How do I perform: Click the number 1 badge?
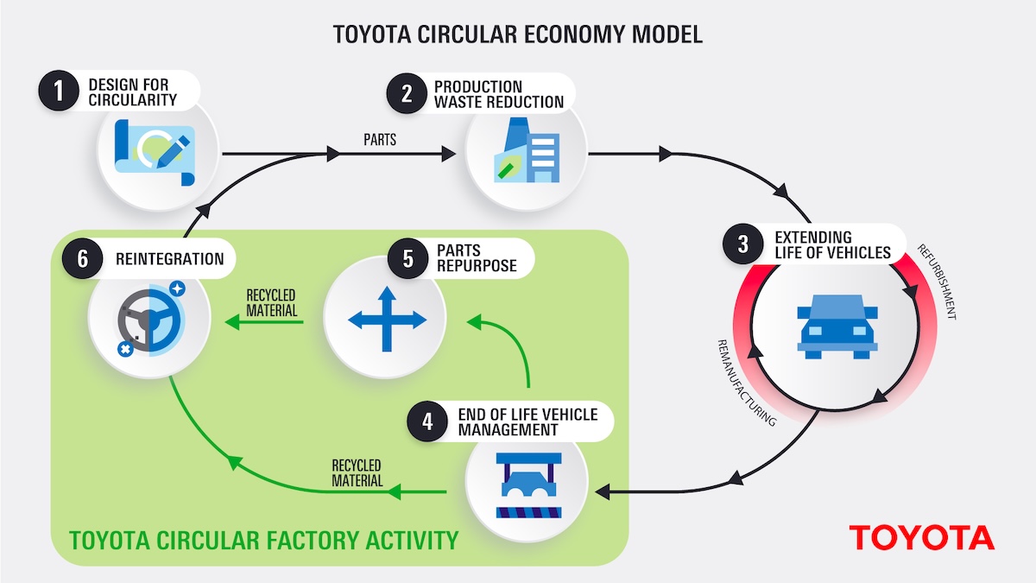[59, 92]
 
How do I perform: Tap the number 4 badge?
[428, 422]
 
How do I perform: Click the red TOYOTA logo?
[921, 537]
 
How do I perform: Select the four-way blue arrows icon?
[386, 320]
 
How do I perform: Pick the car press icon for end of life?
[527, 485]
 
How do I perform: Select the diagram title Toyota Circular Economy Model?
[518, 35]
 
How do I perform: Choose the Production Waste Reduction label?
[498, 94]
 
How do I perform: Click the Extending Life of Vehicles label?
[831, 244]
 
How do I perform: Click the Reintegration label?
[169, 259]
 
